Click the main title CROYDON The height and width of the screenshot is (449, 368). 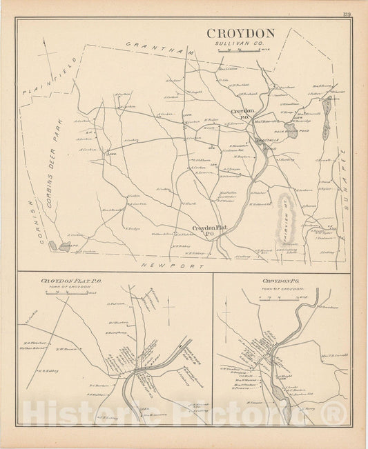(240, 33)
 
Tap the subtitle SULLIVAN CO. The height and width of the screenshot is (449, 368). (240, 43)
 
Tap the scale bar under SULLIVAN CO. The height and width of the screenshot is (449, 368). (241, 50)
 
